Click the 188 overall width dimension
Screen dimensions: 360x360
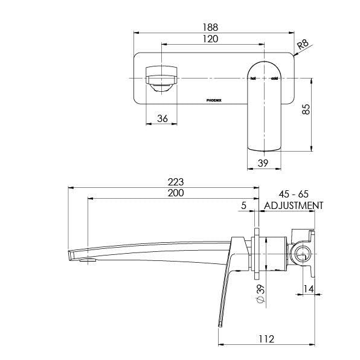(x=210, y=27)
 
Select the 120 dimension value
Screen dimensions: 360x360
(x=210, y=39)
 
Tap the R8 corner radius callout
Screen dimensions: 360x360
(x=304, y=44)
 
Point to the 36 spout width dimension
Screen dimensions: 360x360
(x=162, y=118)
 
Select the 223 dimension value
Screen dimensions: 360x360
(x=176, y=182)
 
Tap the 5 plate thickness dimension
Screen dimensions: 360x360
(x=243, y=205)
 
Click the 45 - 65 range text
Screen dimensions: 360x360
(x=294, y=194)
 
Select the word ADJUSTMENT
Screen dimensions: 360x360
(x=294, y=205)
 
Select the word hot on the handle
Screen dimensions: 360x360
(x=254, y=79)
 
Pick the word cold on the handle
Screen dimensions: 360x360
(x=274, y=79)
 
